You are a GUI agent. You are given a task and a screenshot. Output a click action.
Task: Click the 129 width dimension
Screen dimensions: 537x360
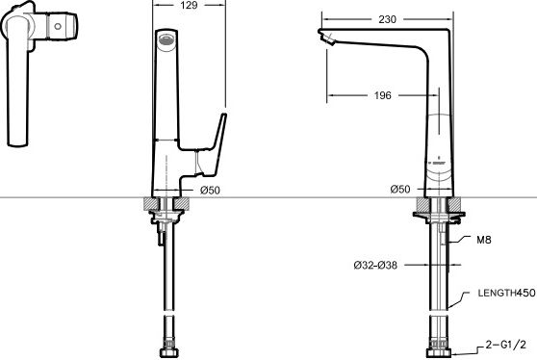click(x=189, y=5)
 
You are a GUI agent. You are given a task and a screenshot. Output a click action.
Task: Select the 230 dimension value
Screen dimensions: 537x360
click(x=387, y=19)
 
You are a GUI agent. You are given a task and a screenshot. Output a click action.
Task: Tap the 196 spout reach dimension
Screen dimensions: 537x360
click(x=383, y=95)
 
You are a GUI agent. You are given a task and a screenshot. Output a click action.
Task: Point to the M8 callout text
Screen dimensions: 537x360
click(x=484, y=240)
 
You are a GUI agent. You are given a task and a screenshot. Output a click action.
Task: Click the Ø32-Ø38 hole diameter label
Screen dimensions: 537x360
click(x=375, y=265)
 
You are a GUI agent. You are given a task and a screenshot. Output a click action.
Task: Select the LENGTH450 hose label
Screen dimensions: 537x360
click(x=506, y=293)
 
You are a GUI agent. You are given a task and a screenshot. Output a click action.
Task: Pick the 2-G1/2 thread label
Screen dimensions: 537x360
click(x=506, y=345)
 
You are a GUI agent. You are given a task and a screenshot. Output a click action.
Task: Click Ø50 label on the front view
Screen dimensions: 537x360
click(x=210, y=190)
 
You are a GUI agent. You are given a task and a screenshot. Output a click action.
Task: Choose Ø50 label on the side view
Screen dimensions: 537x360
click(x=400, y=189)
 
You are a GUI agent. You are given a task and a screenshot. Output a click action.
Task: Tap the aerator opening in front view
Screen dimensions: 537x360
click(x=166, y=39)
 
